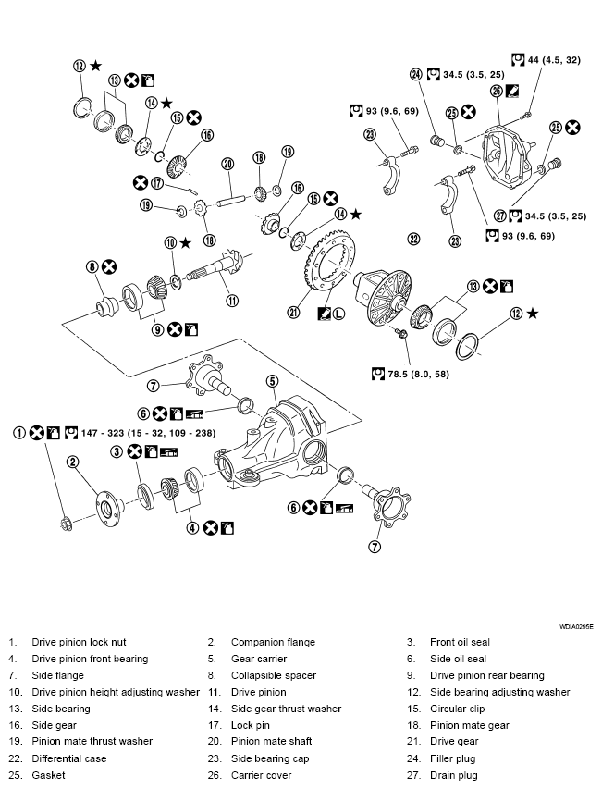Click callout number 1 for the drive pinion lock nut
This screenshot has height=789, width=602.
coord(18,432)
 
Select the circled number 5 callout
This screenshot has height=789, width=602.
coord(272,380)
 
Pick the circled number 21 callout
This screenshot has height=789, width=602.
coord(294,312)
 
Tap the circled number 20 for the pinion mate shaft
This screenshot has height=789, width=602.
coord(227,165)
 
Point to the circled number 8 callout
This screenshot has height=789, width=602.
coord(92,266)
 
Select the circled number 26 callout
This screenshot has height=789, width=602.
coord(497,90)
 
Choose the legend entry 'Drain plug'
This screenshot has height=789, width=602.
coord(453,775)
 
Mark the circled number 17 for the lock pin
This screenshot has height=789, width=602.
coord(157,182)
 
